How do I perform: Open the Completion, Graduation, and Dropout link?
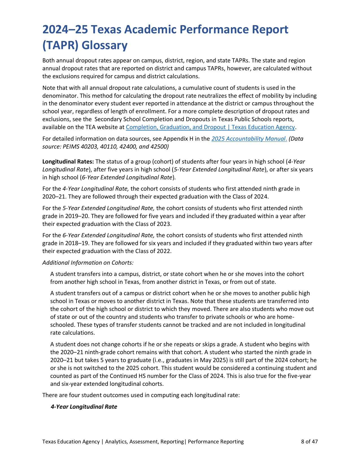(210, 127)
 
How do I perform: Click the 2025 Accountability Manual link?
(249, 139)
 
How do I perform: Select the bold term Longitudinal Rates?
(68, 162)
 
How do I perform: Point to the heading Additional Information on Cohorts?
(88, 263)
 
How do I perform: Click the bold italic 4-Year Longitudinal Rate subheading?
(84, 407)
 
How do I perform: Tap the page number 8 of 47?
(309, 441)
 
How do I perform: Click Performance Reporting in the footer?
(216, 441)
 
